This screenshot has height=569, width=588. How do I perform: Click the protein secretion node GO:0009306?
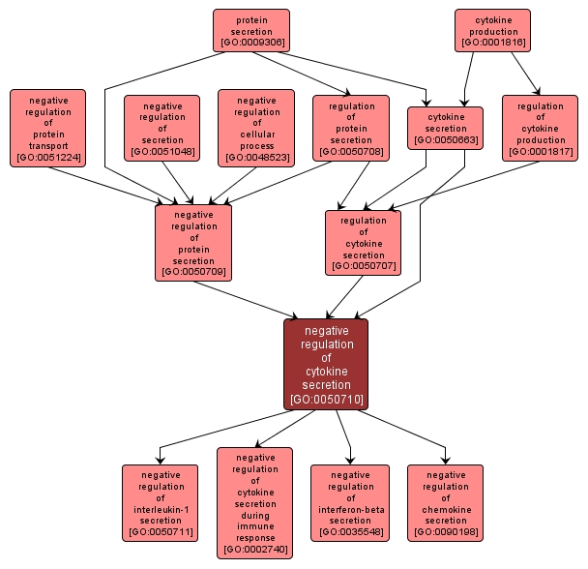pyautogui.click(x=251, y=30)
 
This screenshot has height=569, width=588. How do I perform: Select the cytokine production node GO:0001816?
pyautogui.click(x=492, y=30)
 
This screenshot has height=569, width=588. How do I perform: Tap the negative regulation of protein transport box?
pyautogui.click(x=48, y=128)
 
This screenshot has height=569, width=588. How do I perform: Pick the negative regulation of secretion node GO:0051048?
pyautogui.click(x=162, y=128)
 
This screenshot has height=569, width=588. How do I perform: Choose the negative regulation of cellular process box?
pyautogui.click(x=256, y=128)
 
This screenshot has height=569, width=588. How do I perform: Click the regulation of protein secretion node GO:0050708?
pyautogui.click(x=351, y=128)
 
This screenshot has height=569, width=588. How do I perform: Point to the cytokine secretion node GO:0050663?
pyautogui.click(x=446, y=128)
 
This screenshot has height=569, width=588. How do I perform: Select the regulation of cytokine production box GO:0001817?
pyautogui.click(x=540, y=128)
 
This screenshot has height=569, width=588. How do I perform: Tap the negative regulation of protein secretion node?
pyautogui.click(x=193, y=242)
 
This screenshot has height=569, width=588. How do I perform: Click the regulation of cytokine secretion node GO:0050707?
pyautogui.click(x=364, y=242)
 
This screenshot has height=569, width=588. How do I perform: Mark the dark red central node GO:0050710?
pyautogui.click(x=326, y=364)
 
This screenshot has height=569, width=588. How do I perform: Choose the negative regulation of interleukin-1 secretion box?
pyautogui.click(x=160, y=502)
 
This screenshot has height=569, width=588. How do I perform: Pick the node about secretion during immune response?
pyautogui.click(x=255, y=502)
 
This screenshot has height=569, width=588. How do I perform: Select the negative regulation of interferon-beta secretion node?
pyautogui.click(x=350, y=502)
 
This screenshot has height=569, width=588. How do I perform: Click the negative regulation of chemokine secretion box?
pyautogui.click(x=445, y=502)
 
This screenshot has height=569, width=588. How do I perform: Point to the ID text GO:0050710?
pyautogui.click(x=326, y=399)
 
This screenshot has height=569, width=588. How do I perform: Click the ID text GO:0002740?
pyautogui.click(x=255, y=550)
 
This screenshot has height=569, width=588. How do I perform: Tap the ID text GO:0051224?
pyautogui.click(x=48, y=156)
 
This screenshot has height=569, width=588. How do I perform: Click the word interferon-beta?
pyautogui.click(x=350, y=509)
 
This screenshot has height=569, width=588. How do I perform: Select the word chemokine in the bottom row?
pyautogui.click(x=445, y=509)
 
